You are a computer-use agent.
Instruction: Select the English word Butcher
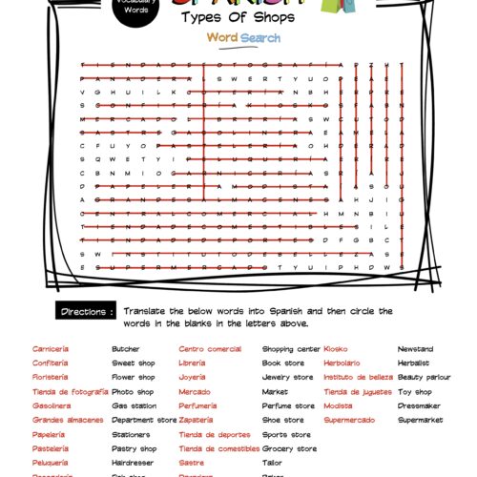[x=125, y=349]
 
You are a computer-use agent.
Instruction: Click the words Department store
[x=144, y=420]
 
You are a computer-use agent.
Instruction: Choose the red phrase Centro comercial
[x=210, y=349]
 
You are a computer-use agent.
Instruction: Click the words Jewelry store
[x=288, y=377]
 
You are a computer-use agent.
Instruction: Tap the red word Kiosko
[x=337, y=349]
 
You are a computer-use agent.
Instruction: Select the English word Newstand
[x=415, y=349]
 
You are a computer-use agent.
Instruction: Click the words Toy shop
[x=415, y=391]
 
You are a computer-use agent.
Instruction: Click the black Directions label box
[x=89, y=312]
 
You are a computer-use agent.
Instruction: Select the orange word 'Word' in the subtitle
[x=222, y=38]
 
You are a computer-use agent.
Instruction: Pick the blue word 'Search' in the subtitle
[x=260, y=38]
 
